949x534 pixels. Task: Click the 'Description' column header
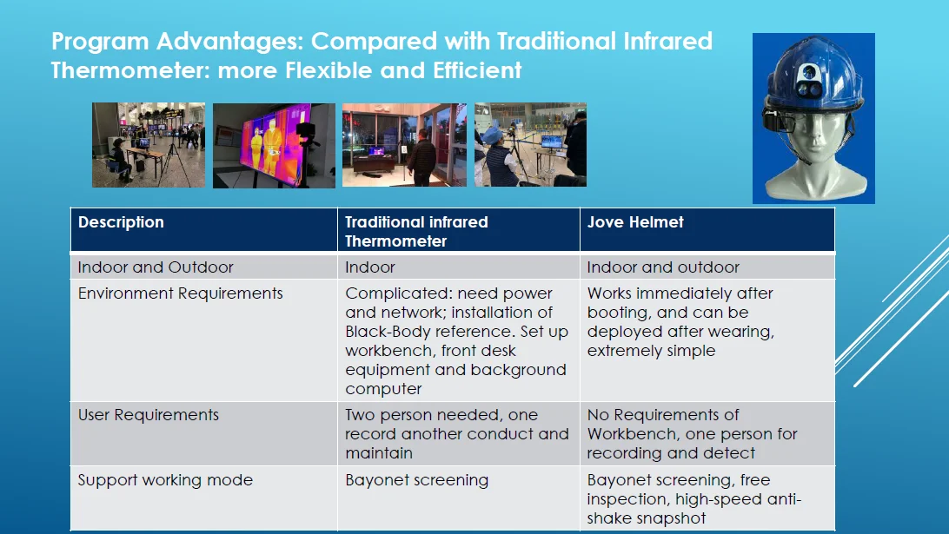point(121,222)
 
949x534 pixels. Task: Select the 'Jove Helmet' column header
point(635,222)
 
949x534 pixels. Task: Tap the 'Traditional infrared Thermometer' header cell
point(416,232)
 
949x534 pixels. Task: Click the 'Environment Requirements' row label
point(181,293)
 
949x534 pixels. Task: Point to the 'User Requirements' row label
point(149,415)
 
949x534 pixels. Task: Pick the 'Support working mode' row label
point(165,480)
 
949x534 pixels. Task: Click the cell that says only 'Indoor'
point(370,267)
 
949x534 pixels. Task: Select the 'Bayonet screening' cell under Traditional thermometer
point(416,480)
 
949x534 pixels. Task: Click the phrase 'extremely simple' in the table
point(651,351)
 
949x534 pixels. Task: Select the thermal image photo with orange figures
point(274,146)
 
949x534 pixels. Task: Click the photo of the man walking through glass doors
point(404,144)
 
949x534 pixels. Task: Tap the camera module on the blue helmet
point(808,81)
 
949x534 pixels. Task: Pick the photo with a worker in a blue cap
point(530,144)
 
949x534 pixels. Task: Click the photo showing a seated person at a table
point(149,145)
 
